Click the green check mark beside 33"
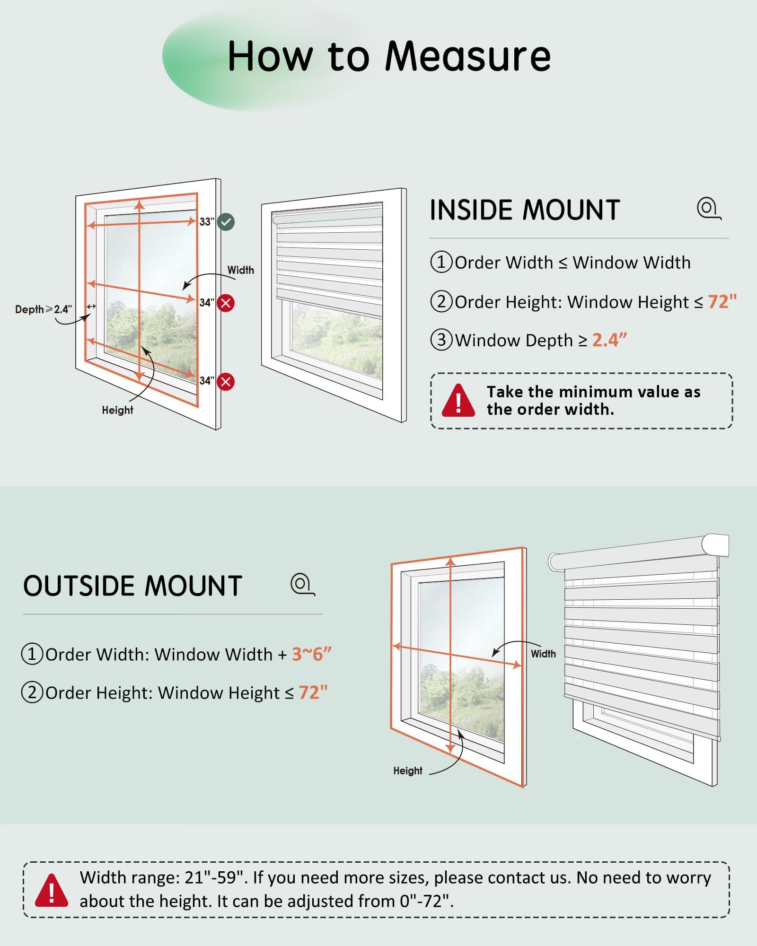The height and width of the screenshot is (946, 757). tap(226, 222)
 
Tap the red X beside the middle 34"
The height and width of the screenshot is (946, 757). tap(226, 303)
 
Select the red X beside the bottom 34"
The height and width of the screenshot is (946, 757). tap(226, 381)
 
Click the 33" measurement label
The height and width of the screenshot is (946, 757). tap(207, 222)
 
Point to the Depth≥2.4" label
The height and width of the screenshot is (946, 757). tap(44, 309)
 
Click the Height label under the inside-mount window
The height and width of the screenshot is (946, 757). tap(117, 410)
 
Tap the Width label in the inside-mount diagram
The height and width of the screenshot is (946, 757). tap(240, 270)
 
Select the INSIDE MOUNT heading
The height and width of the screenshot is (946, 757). tap(525, 210)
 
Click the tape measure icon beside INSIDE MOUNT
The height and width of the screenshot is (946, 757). tap(708, 209)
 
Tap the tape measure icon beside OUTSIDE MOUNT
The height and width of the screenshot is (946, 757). tap(302, 585)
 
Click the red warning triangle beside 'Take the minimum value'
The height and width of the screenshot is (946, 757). tap(458, 401)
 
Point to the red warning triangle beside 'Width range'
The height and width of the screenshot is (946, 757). tap(51, 891)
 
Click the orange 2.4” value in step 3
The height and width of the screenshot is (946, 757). tap(609, 340)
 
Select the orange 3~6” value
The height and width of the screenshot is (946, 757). tap(311, 654)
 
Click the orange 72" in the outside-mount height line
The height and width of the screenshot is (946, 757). tap(313, 692)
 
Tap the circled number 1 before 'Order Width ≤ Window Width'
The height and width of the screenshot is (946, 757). tap(441, 262)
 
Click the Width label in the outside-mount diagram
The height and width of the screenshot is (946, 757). tap(543, 654)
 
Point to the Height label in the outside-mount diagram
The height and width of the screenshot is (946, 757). tap(408, 771)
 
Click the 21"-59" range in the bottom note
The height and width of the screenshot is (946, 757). tap(216, 878)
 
